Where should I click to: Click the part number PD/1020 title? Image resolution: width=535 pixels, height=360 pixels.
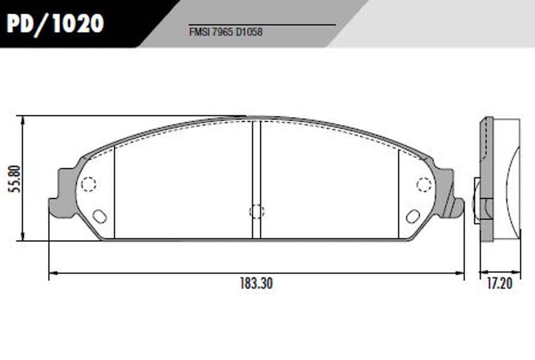pos(55,24)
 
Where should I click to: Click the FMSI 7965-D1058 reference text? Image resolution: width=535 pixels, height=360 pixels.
pos(226,32)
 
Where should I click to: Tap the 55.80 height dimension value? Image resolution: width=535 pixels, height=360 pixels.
pos(15,179)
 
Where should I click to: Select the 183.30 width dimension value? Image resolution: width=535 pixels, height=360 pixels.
pos(256,283)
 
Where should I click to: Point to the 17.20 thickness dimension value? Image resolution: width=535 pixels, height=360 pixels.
pos(500,283)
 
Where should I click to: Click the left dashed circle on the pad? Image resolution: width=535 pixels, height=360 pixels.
pos(89,184)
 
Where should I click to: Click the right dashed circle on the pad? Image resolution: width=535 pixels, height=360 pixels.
pos(424,184)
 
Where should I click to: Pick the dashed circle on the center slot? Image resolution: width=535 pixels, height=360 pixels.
pos(257,211)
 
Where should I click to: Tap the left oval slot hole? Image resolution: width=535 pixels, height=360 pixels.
pos(100,216)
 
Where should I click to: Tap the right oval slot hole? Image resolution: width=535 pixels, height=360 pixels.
pos(413,216)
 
